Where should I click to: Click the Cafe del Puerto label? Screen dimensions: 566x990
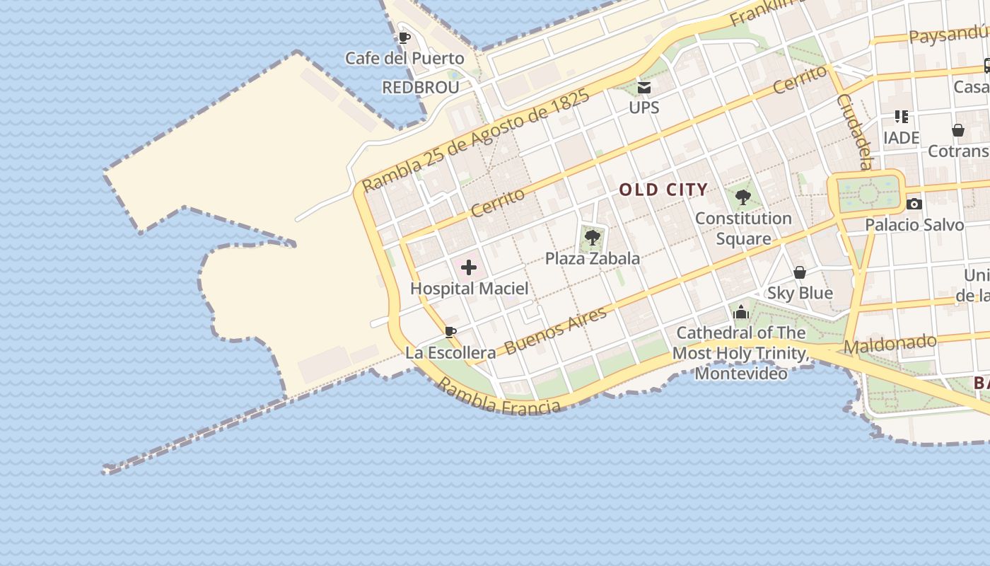pos(404,58)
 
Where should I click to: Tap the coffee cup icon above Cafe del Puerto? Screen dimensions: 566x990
pos(404,37)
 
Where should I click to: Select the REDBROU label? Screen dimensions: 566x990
pos(420,87)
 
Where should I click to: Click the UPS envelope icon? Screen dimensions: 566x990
pos(644,88)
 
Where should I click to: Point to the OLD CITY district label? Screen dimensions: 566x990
pos(663,190)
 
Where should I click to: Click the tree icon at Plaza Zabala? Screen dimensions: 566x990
pos(593,238)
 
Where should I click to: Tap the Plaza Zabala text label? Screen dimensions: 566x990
pos(593,258)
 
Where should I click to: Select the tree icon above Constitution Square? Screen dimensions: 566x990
pos(742,197)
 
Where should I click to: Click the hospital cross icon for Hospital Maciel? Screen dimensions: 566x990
pos(469,267)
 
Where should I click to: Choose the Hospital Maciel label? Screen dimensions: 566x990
pos(469,289)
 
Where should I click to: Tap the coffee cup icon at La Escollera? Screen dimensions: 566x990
pos(450,332)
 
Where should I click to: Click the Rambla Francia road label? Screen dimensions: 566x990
pos(499,398)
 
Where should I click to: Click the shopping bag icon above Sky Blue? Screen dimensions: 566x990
pos(800,272)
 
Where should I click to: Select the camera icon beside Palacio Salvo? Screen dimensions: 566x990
pos(914,204)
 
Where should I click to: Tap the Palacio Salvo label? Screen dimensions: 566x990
pos(914,225)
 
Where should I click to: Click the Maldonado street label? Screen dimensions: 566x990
pos(890,345)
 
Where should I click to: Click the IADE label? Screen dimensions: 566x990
pos(902,137)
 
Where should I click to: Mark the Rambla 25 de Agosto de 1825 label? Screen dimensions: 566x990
pos(475,141)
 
